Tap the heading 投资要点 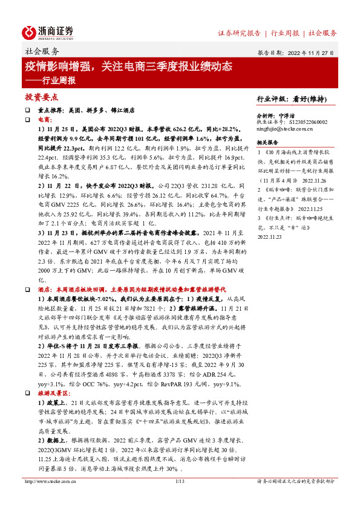click(x=41, y=97)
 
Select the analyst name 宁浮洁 click(x=303, y=114)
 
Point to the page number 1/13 click(x=179, y=498)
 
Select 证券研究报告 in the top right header click(x=239, y=33)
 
